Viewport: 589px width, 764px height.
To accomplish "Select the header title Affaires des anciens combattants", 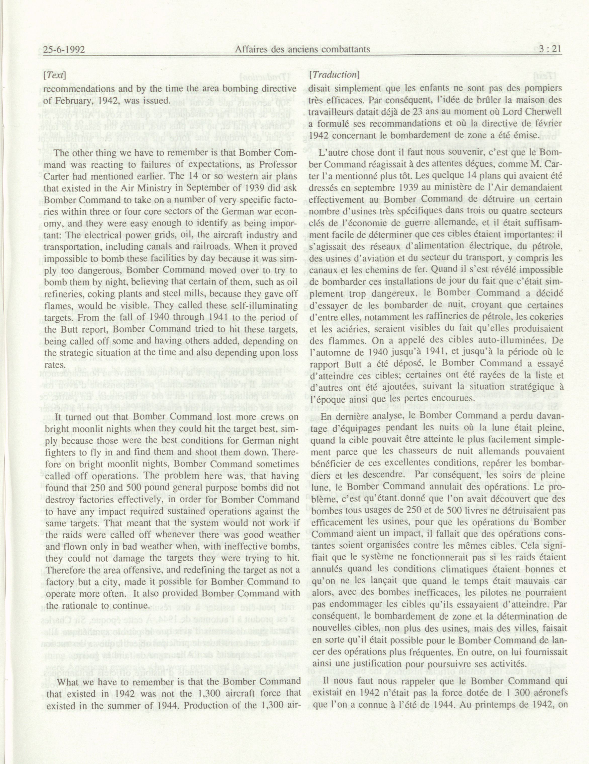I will click(x=303, y=50).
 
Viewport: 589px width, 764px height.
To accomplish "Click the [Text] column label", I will click(x=55, y=74).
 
